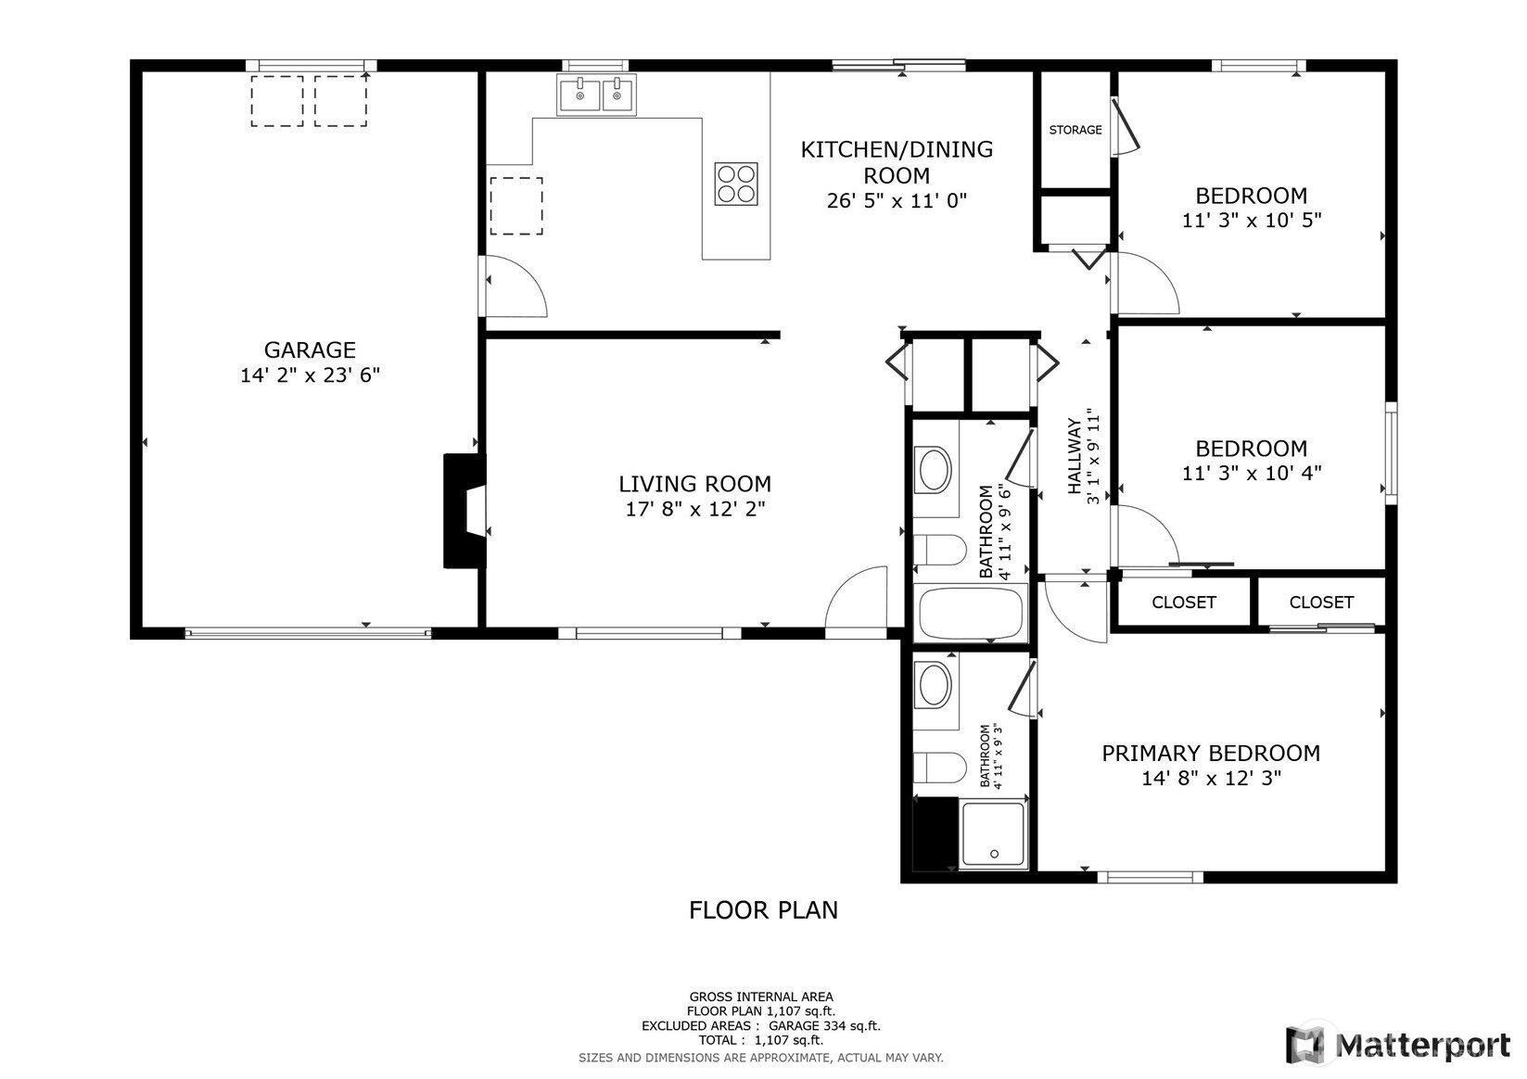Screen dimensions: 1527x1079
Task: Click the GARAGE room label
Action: coord(310,349)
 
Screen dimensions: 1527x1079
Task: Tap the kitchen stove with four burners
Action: coord(735,184)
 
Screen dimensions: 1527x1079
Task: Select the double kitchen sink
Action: coord(596,95)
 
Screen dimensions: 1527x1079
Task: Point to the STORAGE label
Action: coord(1075,130)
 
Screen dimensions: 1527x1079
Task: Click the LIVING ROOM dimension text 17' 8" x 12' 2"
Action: coord(695,509)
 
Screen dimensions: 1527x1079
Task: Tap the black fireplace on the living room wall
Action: coord(464,511)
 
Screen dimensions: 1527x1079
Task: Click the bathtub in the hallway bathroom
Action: coord(971,613)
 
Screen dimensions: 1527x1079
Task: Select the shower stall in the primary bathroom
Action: coord(993,834)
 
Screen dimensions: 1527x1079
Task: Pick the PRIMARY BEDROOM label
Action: coord(1211,754)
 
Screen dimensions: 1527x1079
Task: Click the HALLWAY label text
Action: coord(1075,456)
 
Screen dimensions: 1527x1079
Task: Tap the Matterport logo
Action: coord(1398,1045)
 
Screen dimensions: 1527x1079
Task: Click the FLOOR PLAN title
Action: coord(763,910)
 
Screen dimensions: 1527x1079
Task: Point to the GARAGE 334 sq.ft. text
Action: coord(824,1026)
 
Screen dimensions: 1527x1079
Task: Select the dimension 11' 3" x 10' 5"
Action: coord(1252,221)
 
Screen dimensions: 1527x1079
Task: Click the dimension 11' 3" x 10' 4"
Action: coord(1252,473)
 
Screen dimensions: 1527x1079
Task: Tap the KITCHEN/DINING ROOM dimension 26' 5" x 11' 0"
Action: coord(897,201)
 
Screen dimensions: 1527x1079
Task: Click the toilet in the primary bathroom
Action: coord(939,768)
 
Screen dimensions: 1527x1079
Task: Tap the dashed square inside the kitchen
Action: coord(516,206)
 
